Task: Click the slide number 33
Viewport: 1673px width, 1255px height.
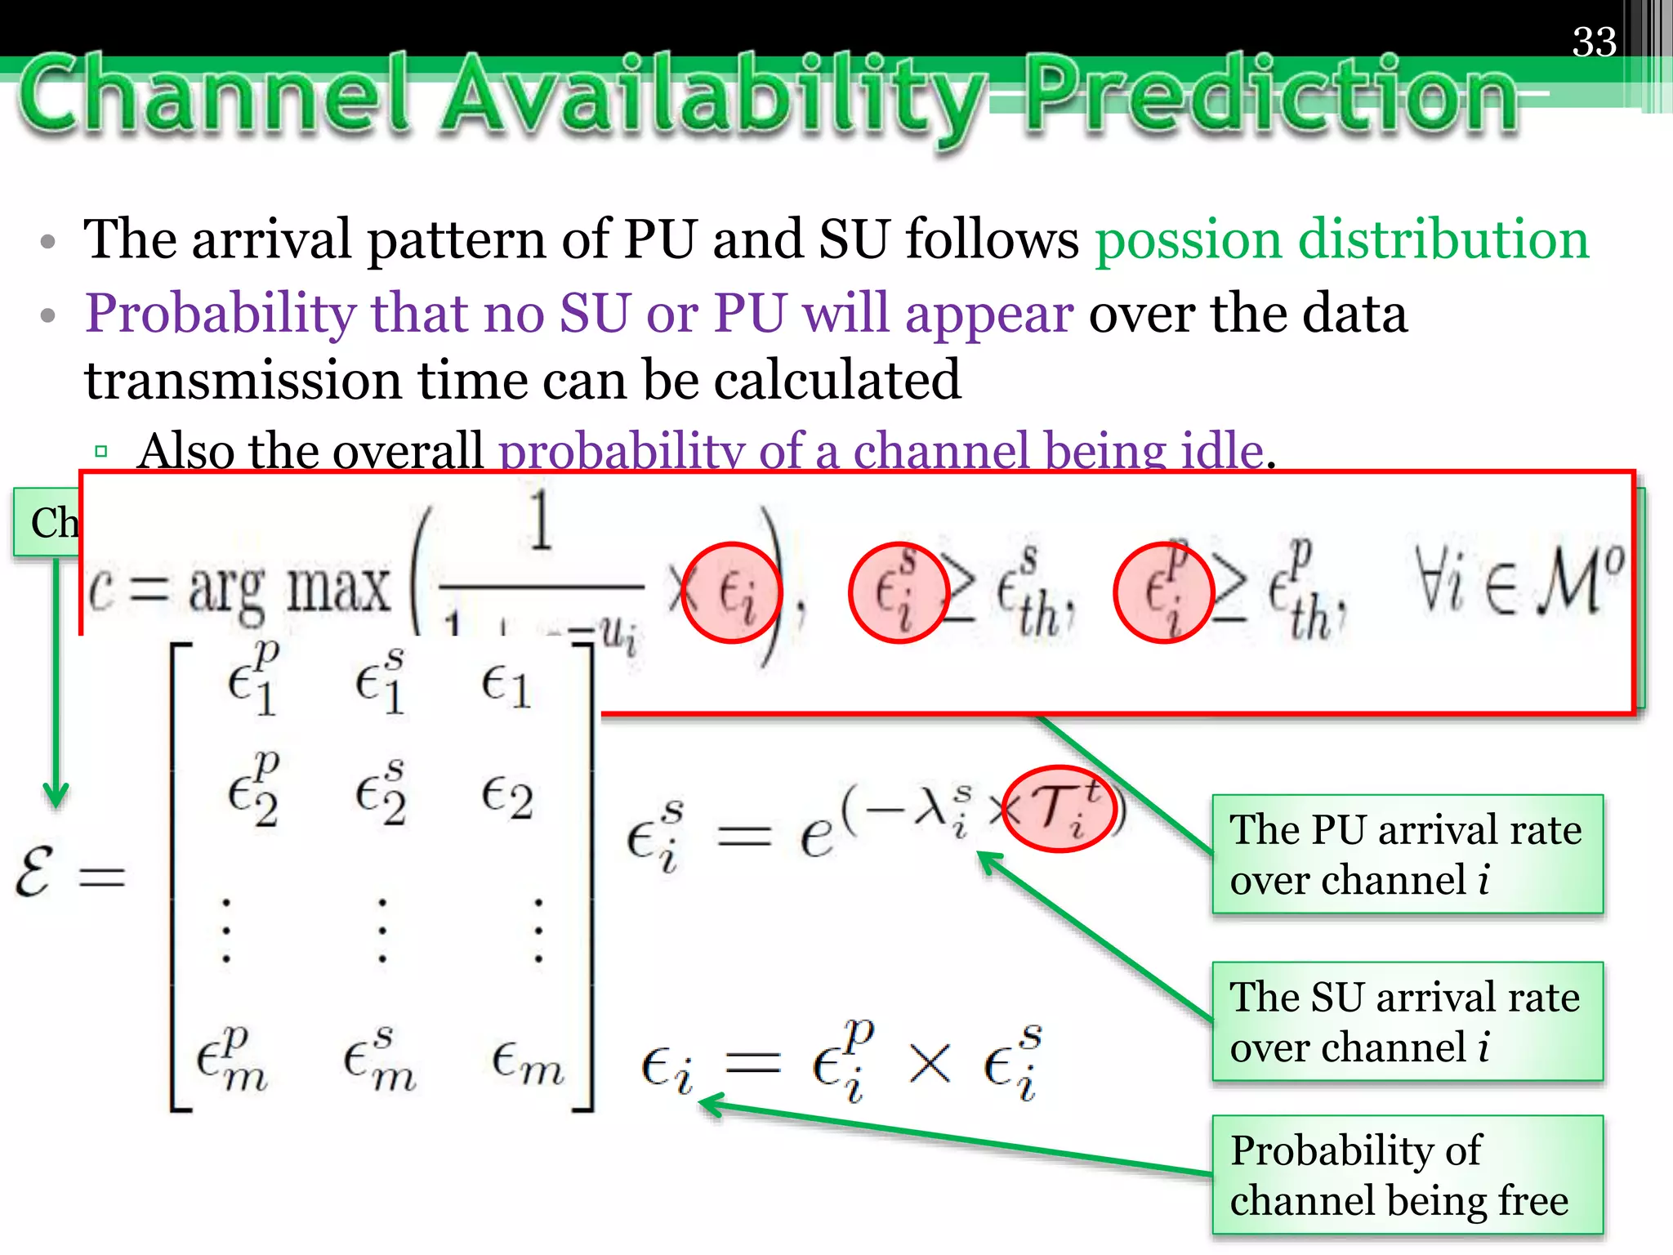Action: click(x=1594, y=42)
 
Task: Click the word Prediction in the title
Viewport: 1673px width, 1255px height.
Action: click(x=1270, y=96)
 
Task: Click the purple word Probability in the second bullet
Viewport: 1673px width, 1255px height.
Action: click(x=221, y=315)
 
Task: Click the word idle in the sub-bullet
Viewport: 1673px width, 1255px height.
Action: click(x=1222, y=451)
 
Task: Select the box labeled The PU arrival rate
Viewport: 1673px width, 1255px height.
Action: click(x=1407, y=854)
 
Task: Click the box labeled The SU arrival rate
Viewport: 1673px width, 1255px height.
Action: click(x=1407, y=1021)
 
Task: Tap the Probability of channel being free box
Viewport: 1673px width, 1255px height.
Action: click(x=1407, y=1175)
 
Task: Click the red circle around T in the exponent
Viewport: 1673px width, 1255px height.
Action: click(x=1059, y=809)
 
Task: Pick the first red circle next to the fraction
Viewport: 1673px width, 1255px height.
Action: click(x=731, y=592)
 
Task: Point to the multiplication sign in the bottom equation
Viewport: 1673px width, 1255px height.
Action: click(x=930, y=1065)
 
